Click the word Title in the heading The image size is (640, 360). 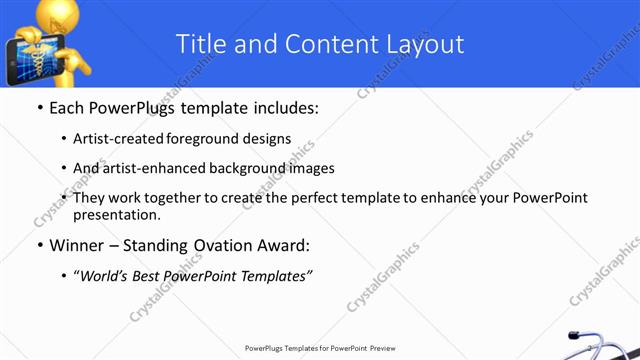coord(199,44)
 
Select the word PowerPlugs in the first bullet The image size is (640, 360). coord(137,107)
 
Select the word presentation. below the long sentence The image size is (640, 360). coord(116,214)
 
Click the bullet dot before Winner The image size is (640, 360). coord(39,246)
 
